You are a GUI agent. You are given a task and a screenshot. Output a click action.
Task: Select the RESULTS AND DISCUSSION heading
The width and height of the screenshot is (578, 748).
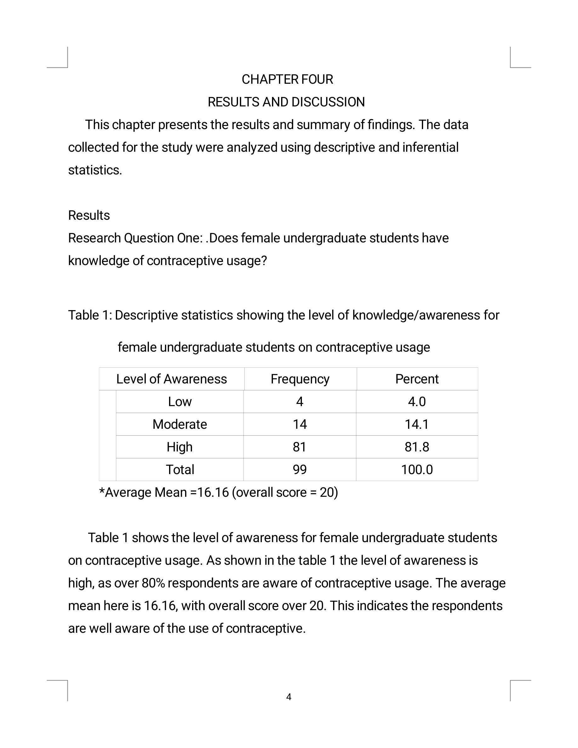pyautogui.click(x=286, y=102)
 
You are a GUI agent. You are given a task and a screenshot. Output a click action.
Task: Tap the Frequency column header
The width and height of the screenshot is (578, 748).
pyautogui.click(x=300, y=379)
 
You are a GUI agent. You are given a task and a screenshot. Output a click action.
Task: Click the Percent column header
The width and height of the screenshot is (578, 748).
pyautogui.click(x=417, y=379)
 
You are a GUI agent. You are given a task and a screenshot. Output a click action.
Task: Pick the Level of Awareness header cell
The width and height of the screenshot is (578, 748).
pyautogui.click(x=172, y=379)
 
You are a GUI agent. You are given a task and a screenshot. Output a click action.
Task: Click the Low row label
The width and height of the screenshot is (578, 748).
pyautogui.click(x=180, y=402)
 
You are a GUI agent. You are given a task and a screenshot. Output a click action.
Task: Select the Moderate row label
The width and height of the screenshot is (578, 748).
pyautogui.click(x=180, y=424)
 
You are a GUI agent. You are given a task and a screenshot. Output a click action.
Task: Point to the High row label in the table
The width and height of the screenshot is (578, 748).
pyautogui.click(x=180, y=447)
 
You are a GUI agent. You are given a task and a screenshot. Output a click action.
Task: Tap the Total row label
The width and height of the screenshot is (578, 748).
pyautogui.click(x=180, y=470)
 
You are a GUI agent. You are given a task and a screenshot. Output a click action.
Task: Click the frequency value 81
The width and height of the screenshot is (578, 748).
pyautogui.click(x=300, y=447)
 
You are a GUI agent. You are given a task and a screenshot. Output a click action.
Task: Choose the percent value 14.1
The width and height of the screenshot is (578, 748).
pyautogui.click(x=417, y=424)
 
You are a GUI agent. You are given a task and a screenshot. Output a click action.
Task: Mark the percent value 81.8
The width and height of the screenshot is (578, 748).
pyautogui.click(x=417, y=447)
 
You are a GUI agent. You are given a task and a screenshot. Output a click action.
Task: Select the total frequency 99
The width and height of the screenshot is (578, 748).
pyautogui.click(x=300, y=470)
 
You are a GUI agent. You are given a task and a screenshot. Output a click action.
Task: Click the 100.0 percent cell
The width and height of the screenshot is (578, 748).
pyautogui.click(x=417, y=470)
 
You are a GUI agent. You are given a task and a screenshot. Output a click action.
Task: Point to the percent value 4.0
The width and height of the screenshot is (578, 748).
pyautogui.click(x=417, y=402)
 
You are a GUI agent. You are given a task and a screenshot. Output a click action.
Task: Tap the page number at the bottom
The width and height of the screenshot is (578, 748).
pyautogui.click(x=289, y=697)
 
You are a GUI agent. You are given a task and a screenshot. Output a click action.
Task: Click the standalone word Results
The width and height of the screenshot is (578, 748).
pyautogui.click(x=89, y=215)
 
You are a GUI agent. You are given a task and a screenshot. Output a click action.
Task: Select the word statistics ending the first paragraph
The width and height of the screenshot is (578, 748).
pyautogui.click(x=95, y=170)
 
